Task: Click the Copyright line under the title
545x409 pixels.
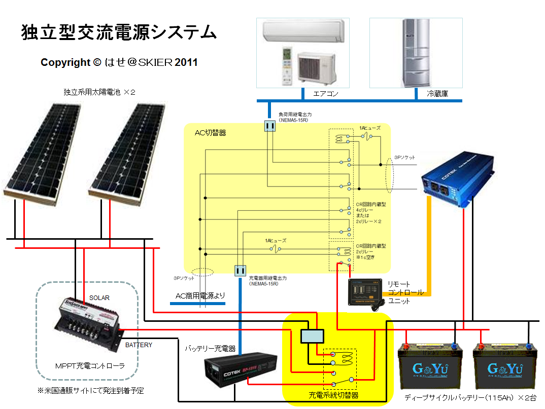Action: pyautogui.click(x=119, y=62)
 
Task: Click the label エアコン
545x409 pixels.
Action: pyautogui.click(x=325, y=94)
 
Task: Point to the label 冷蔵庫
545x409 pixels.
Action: pyautogui.click(x=437, y=94)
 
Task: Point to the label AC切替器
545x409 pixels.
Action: pyautogui.click(x=210, y=133)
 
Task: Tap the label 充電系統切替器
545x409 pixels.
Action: pyautogui.click(x=333, y=395)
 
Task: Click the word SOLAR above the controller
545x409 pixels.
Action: pyautogui.click(x=99, y=298)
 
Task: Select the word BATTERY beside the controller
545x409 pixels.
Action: pyautogui.click(x=139, y=345)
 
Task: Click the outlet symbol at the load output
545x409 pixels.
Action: pyautogui.click(x=269, y=126)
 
